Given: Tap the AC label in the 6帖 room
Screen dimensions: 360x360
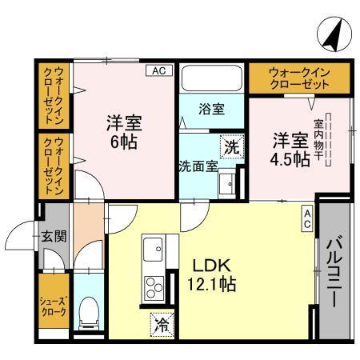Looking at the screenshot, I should [158, 71].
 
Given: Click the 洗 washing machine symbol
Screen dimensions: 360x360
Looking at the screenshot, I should [230, 147].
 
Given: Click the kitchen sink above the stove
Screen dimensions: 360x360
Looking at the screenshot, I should [152, 251].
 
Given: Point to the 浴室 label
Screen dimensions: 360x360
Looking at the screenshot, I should [211, 108].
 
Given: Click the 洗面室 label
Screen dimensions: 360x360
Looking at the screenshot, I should [197, 166].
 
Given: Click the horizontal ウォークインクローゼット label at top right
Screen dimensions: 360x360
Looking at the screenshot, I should [299, 78].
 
